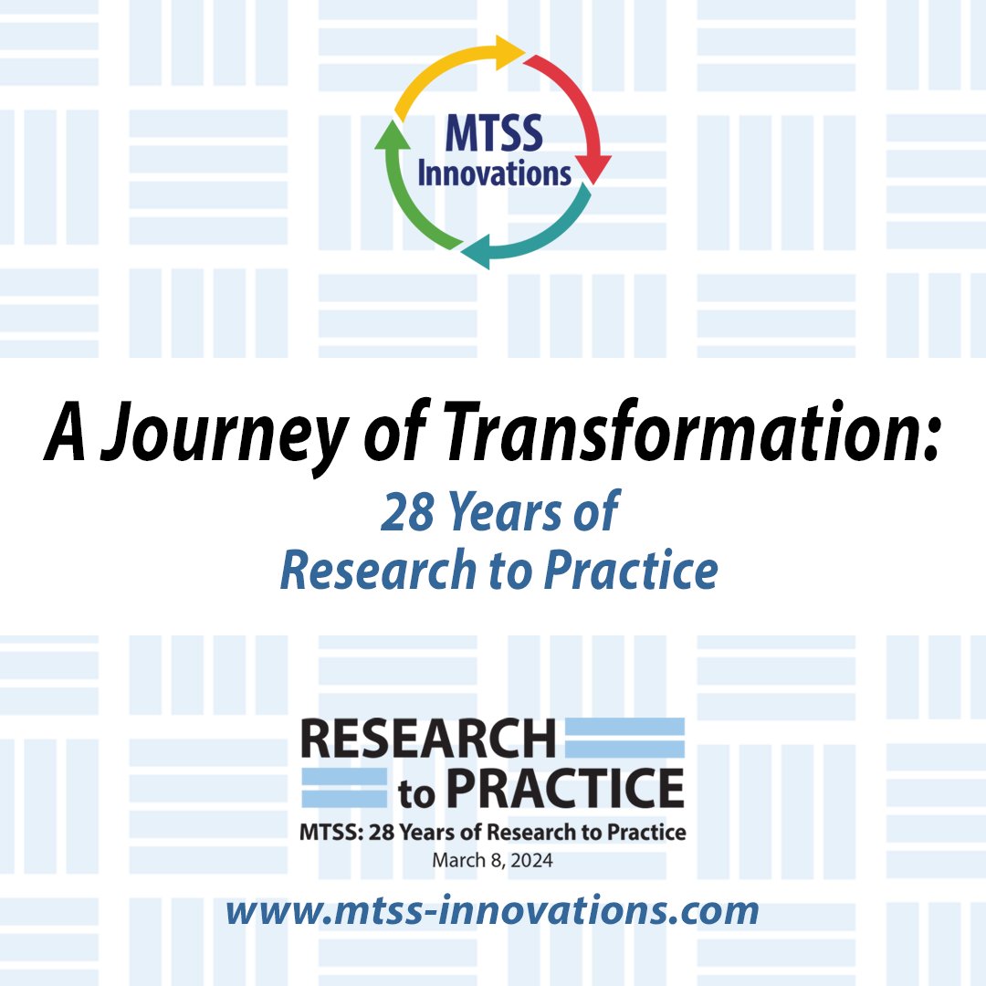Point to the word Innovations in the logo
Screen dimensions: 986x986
tap(494, 172)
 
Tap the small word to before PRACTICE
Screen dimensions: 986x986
tap(418, 795)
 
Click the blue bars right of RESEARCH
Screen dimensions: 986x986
tap(625, 738)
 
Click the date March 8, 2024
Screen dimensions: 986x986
tap(493, 860)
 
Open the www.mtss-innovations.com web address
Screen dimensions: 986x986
tap(493, 909)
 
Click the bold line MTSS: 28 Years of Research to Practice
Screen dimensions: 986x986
tap(493, 832)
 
